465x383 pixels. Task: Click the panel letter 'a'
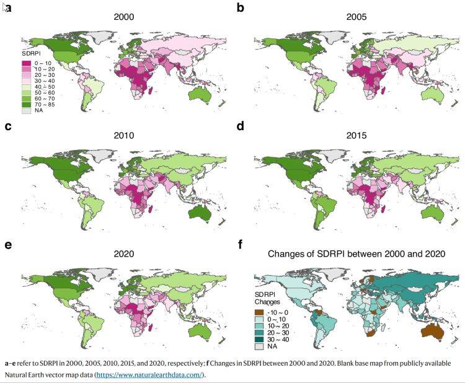pos(9,8)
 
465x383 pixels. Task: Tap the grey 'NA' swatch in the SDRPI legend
pos(25,110)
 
